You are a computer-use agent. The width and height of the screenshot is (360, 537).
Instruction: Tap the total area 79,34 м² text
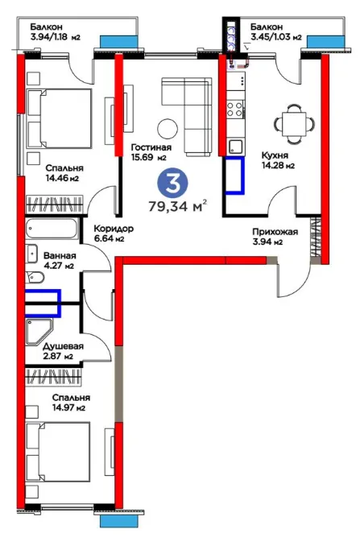click(x=178, y=207)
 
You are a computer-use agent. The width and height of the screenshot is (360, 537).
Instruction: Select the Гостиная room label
click(x=151, y=147)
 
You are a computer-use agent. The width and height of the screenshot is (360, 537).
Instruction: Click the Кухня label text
click(x=275, y=155)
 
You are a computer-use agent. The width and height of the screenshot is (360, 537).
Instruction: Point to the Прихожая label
click(x=275, y=232)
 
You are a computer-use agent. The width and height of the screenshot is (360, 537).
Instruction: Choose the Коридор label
click(x=114, y=229)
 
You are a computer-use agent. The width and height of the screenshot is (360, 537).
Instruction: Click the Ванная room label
click(x=60, y=256)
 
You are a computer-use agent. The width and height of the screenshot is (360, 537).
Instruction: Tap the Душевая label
click(x=63, y=346)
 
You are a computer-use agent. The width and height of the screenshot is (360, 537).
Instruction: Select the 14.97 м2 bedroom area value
click(x=68, y=408)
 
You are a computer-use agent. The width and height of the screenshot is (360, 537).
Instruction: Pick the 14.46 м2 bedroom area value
click(x=63, y=178)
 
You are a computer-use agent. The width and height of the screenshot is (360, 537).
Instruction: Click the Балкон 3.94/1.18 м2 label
click(x=55, y=32)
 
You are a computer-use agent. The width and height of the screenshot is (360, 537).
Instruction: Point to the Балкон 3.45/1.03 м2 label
click(x=276, y=32)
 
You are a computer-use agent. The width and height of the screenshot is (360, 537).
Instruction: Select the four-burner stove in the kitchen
click(x=236, y=109)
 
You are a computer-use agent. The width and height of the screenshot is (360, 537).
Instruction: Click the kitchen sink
click(x=236, y=147)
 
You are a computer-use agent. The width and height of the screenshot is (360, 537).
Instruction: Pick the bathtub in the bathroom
click(x=52, y=229)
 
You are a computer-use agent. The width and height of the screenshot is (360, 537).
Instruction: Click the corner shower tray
click(x=39, y=331)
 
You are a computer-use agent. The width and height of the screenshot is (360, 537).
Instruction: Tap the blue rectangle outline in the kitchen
click(x=235, y=176)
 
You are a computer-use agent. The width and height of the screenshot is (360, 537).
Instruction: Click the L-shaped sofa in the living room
click(x=187, y=115)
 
